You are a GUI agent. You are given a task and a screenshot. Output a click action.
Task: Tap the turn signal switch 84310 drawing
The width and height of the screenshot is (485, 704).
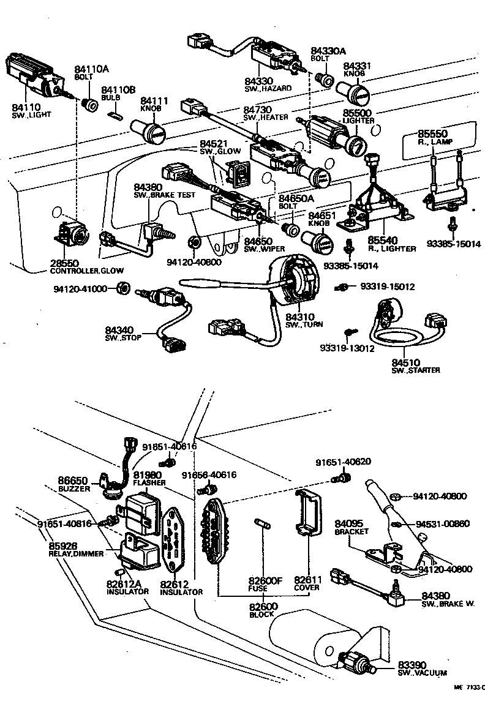(x=295, y=281)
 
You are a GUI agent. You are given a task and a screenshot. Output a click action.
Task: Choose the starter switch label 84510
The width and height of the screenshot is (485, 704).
(x=406, y=362)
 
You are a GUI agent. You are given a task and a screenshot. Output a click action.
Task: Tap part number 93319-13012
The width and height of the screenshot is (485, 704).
(x=346, y=349)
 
